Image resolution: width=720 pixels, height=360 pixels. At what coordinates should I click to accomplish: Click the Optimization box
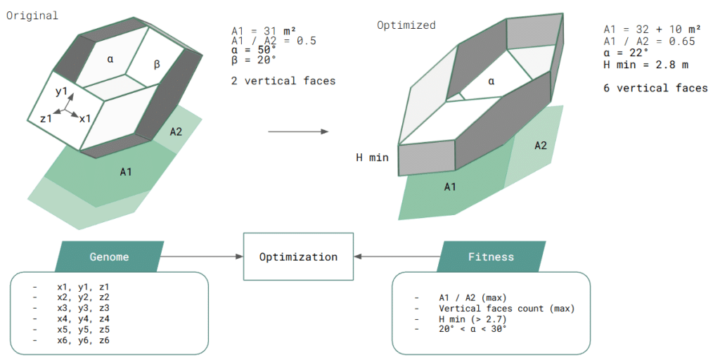click(x=298, y=257)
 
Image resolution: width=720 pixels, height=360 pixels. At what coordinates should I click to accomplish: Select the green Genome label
click(x=109, y=257)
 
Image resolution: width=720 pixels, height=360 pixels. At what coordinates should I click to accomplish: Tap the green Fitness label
click(x=491, y=257)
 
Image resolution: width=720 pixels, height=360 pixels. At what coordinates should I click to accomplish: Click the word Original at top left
click(x=32, y=15)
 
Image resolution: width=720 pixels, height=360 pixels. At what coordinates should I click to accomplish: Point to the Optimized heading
click(x=406, y=25)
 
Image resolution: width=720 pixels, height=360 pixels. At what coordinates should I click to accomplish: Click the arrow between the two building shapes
click(x=298, y=131)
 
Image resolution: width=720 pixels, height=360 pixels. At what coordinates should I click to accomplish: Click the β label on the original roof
click(x=157, y=65)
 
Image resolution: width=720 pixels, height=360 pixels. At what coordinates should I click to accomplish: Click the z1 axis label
click(x=47, y=119)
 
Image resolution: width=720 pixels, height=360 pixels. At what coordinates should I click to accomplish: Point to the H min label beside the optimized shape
click(x=372, y=157)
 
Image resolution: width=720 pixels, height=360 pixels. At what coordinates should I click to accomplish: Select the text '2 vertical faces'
click(x=283, y=81)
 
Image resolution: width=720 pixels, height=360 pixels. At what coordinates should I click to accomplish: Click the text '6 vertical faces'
click(x=655, y=88)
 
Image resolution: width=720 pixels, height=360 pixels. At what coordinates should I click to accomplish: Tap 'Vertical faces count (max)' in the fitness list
click(x=506, y=309)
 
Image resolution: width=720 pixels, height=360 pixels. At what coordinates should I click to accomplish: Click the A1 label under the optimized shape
click(x=451, y=187)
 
